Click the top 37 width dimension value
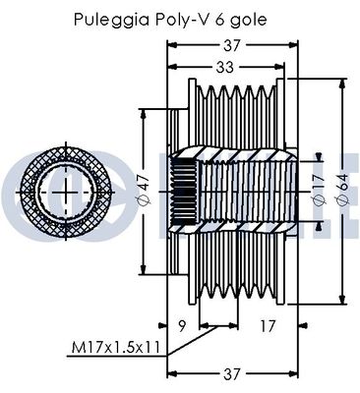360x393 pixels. click(x=232, y=45)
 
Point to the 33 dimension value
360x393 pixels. click(x=225, y=67)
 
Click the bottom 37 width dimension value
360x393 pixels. click(x=231, y=374)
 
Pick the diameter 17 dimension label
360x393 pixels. click(x=319, y=190)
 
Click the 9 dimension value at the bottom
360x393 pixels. click(x=183, y=326)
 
